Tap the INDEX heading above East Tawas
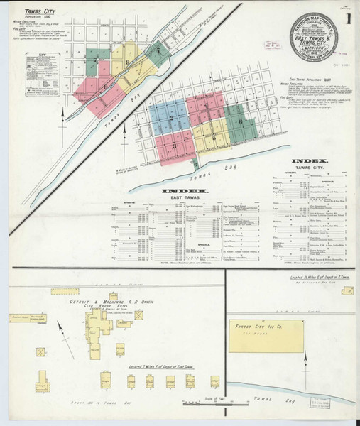[185, 191]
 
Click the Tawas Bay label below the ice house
[310, 398]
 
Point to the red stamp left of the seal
[270, 44]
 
